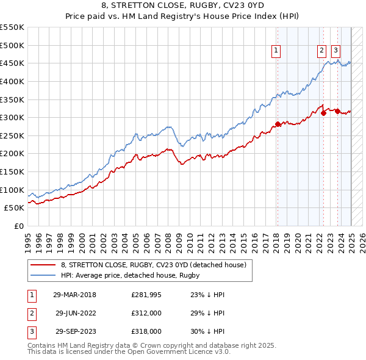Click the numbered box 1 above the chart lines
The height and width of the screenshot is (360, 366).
click(276, 51)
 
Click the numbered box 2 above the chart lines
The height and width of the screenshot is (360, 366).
click(321, 51)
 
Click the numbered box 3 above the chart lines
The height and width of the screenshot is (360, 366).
click(336, 51)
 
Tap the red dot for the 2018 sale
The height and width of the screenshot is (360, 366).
click(278, 124)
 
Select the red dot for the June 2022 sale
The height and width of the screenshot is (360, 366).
click(323, 113)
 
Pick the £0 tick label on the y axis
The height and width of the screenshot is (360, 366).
click(20, 226)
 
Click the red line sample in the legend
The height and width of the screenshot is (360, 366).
click(43, 265)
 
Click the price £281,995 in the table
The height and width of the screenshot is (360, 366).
click(147, 295)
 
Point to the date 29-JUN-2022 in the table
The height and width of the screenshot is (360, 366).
click(76, 313)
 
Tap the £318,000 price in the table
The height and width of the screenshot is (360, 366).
click(147, 331)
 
